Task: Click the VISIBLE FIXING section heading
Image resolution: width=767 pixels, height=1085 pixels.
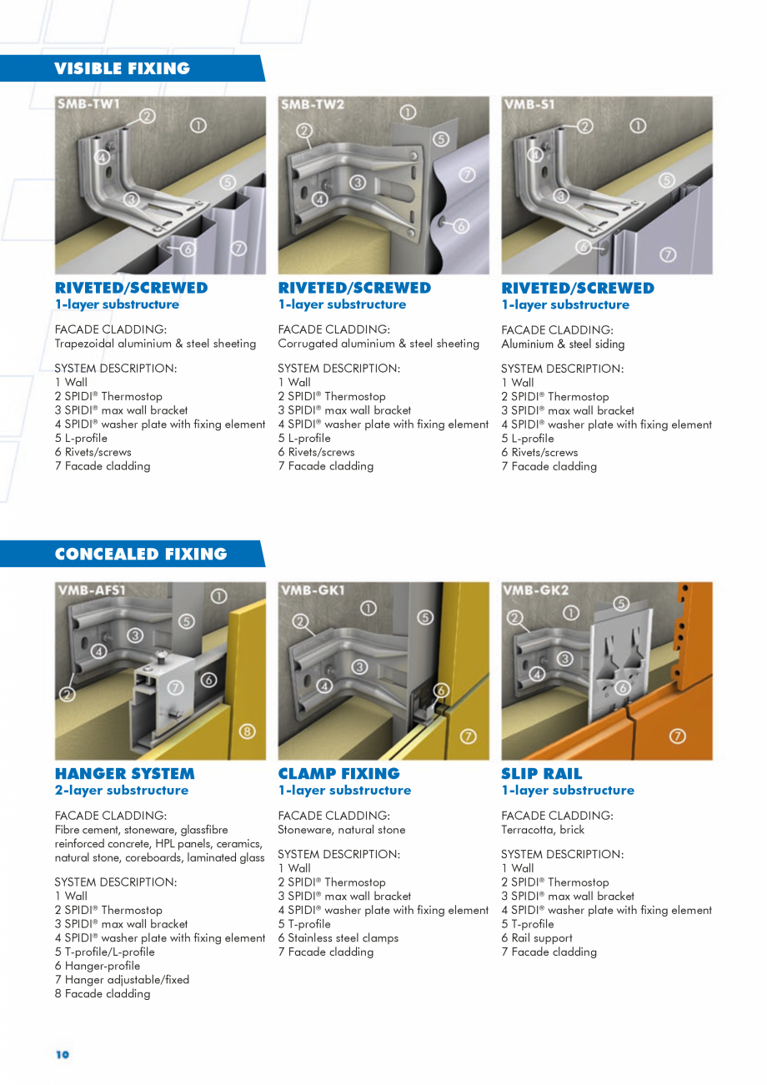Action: (122, 68)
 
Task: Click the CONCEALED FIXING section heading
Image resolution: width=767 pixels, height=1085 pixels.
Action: (140, 555)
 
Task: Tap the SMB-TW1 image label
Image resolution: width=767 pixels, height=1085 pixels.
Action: (89, 104)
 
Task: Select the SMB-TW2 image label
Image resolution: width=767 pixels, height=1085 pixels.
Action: (313, 104)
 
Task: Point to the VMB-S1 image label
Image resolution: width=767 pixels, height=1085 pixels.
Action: (529, 104)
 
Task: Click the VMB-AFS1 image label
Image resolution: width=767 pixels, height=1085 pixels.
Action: (92, 590)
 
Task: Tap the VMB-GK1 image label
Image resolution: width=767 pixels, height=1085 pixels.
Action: (313, 590)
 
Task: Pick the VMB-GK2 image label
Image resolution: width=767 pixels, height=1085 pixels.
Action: (536, 590)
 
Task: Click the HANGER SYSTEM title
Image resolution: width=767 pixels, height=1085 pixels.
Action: (124, 773)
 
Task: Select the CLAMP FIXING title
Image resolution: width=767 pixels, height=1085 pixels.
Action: (338, 773)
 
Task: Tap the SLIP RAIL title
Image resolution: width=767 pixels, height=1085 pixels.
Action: (541, 773)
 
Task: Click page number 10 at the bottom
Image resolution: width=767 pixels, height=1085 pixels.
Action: (63, 1054)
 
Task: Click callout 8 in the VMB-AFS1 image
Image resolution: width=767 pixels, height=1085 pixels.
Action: (248, 732)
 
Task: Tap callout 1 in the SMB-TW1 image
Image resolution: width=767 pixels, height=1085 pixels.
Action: (198, 126)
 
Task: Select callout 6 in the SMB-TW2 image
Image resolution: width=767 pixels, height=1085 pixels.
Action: (461, 225)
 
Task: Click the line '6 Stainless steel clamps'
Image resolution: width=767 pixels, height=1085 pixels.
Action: (338, 937)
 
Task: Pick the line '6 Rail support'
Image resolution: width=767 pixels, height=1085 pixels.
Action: (536, 937)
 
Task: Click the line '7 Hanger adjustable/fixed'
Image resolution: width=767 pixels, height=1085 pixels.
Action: (122, 979)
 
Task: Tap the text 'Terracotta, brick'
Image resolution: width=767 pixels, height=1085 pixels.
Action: (543, 829)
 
